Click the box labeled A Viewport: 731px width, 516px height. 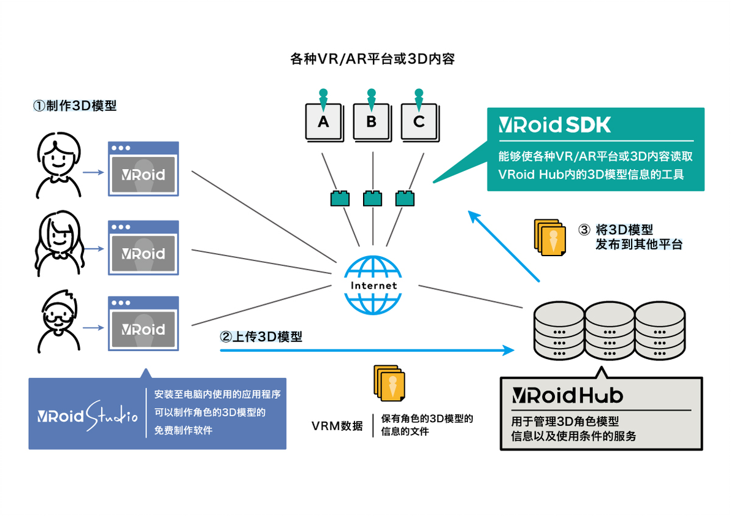point(324,122)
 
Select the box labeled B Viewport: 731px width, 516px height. point(372,122)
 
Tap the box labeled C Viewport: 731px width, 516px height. point(419,122)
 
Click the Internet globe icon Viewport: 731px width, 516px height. point(373,285)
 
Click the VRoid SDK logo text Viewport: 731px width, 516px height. point(554,125)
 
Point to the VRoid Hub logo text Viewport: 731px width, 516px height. point(567,395)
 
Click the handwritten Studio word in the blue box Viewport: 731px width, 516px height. point(112,415)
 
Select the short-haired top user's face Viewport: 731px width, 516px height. point(58,156)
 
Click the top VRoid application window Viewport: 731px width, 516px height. point(144,169)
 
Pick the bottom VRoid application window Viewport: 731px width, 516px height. point(144,323)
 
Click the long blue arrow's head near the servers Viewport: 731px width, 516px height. point(509,350)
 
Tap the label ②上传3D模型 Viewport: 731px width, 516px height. point(261,336)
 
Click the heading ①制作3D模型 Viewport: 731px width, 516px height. point(75,106)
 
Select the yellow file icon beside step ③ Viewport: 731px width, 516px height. point(550,238)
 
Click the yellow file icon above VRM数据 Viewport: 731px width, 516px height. point(389,383)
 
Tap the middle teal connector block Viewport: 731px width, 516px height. point(372,199)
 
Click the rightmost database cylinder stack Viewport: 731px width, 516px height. point(660,331)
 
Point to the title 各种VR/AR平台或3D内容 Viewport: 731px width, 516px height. point(372,59)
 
